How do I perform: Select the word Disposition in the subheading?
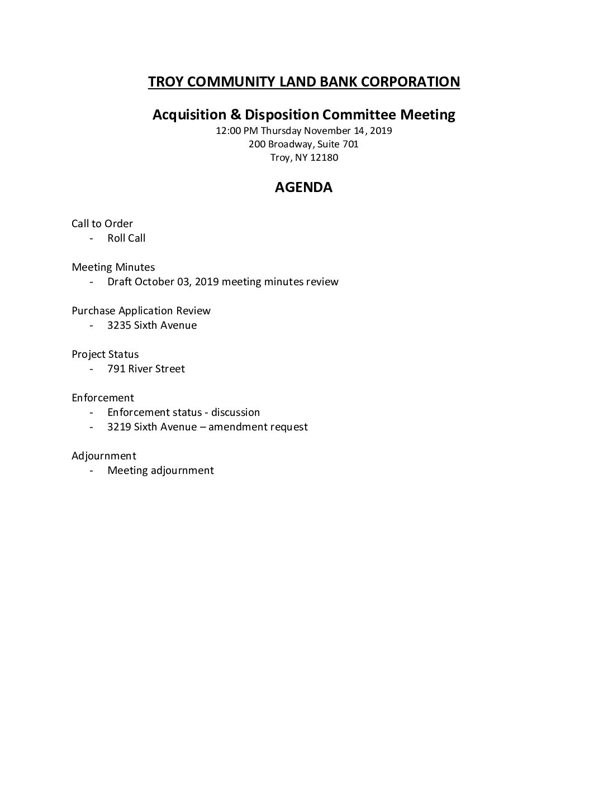point(282,114)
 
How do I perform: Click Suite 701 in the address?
point(341,144)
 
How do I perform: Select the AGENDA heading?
point(303,188)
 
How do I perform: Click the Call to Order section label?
point(102,224)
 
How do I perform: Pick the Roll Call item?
point(126,238)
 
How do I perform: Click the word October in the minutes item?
point(154,282)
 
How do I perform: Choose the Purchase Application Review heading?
point(141,311)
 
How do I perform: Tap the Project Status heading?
point(105,354)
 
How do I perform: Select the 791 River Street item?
point(146,369)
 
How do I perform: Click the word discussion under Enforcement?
point(235,413)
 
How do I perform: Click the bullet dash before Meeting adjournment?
point(91,471)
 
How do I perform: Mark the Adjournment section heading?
point(104,456)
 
